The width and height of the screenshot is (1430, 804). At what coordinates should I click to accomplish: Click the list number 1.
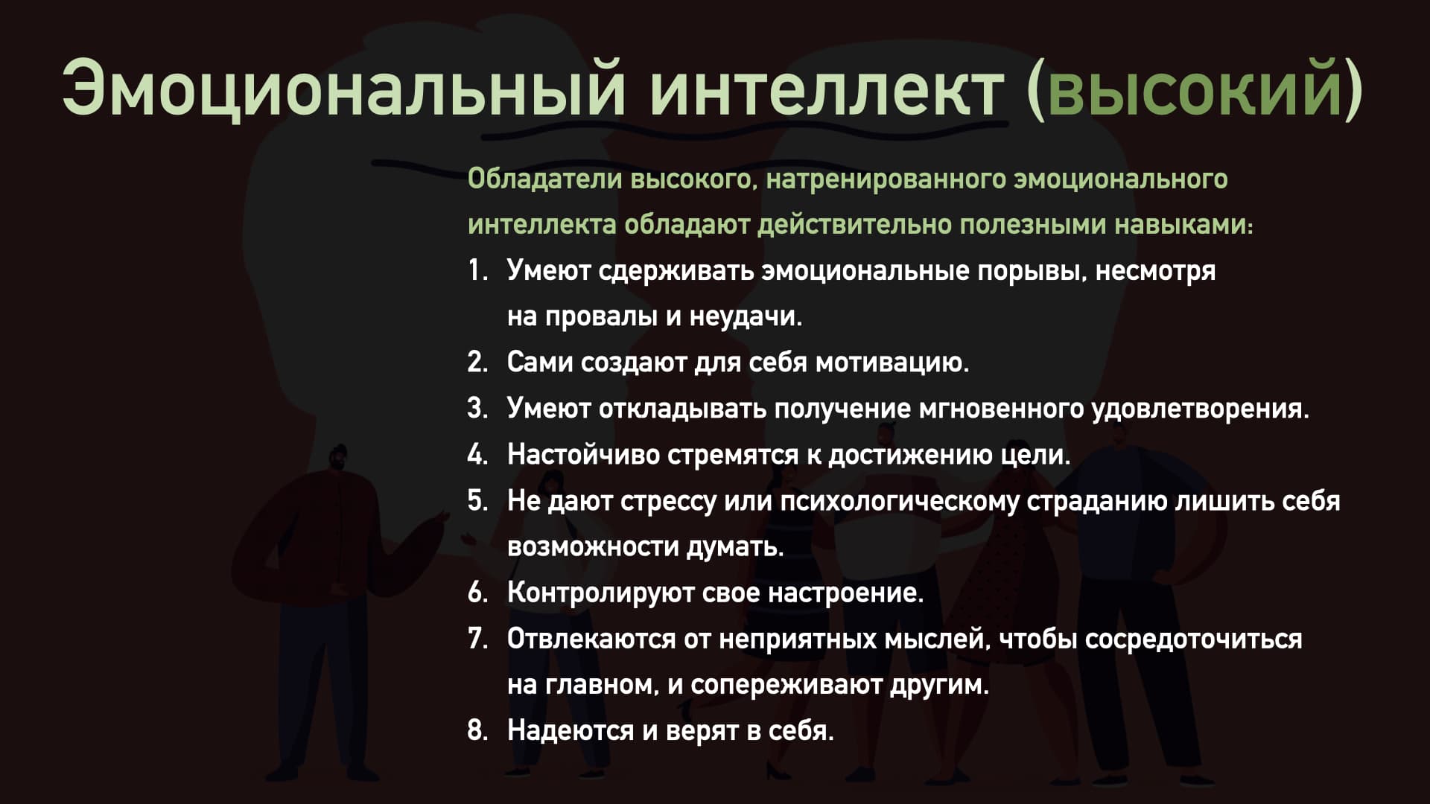[x=477, y=271]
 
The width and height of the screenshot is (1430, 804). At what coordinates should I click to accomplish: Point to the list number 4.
[x=477, y=455]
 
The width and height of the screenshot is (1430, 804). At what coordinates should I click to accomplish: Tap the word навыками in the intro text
[x=1184, y=226]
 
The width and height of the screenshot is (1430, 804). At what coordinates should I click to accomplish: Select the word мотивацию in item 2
[x=892, y=363]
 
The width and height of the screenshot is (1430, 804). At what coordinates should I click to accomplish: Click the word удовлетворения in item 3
[x=1200, y=409]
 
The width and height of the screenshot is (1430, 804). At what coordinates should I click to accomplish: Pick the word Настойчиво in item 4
[x=583, y=455]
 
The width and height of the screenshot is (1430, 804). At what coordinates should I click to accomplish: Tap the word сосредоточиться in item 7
[x=1193, y=639]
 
